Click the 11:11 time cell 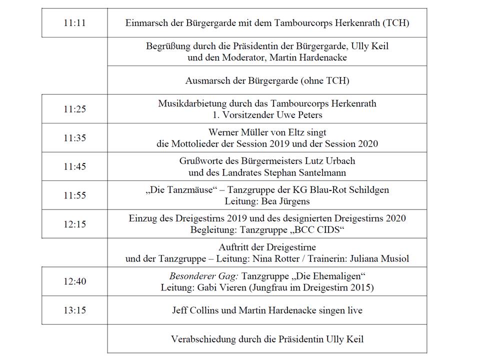click(x=74, y=23)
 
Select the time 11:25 click(x=74, y=109)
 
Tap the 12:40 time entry click(x=74, y=281)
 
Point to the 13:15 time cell click(x=74, y=310)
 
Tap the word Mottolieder click(x=195, y=143)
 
